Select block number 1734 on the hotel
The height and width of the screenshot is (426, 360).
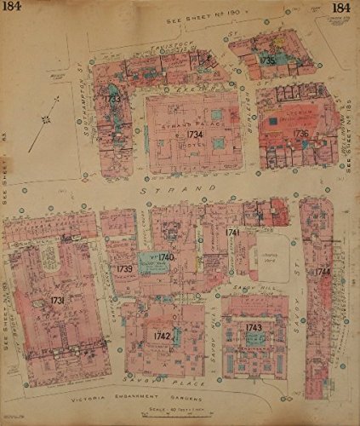195,134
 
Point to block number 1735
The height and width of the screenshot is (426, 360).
266,61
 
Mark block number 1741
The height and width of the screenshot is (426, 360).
232,232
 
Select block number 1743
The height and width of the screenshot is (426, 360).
253,327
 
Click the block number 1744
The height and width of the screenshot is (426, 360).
322,272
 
